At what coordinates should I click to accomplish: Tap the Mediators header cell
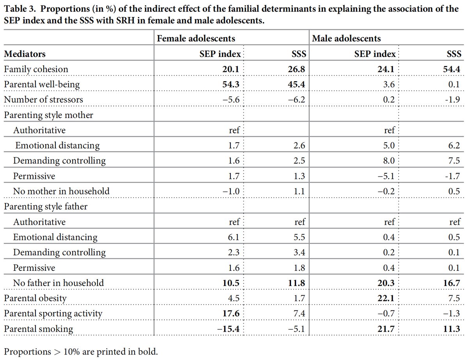25,54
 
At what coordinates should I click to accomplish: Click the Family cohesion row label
36,69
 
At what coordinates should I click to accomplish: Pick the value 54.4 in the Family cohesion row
452,69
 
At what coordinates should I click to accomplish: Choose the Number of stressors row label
43,99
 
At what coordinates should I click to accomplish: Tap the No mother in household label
61,191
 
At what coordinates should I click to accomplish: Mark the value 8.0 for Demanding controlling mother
389,161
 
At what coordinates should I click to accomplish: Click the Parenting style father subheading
46,206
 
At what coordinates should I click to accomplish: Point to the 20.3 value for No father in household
387,283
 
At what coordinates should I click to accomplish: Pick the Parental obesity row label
35,298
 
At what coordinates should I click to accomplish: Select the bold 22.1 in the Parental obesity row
387,298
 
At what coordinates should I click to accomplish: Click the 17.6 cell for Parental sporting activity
231,313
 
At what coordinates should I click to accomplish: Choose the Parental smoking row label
38,328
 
